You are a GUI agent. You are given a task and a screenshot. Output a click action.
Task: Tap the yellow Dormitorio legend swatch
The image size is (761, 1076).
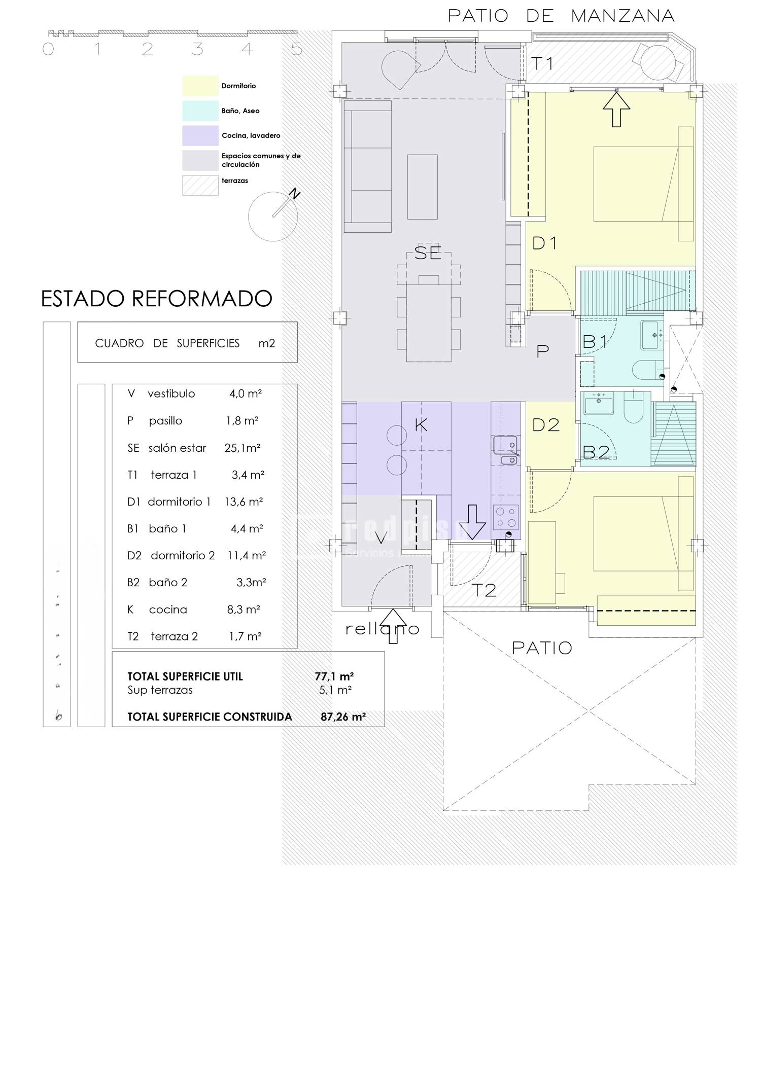coord(200,86)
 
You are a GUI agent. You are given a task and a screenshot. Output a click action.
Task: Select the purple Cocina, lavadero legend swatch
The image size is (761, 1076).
coord(200,135)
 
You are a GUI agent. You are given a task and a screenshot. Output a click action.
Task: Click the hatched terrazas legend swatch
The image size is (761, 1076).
coord(200,185)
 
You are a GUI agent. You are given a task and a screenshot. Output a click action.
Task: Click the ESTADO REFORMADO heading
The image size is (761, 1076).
coord(156,299)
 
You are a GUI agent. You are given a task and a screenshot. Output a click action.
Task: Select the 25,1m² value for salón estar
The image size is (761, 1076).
coord(243,448)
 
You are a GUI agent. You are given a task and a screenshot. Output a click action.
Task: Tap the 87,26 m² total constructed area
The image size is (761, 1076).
coord(343,717)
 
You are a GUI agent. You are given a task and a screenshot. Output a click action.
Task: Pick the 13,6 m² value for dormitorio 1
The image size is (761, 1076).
coord(244,501)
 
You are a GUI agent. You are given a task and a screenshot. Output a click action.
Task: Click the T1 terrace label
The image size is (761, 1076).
coord(542,64)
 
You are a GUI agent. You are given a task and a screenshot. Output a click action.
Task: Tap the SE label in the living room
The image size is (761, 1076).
coord(428,253)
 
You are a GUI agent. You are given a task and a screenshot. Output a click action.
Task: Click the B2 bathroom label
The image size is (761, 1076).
coord(596,452)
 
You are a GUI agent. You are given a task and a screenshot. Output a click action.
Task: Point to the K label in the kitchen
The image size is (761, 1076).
coord(421,425)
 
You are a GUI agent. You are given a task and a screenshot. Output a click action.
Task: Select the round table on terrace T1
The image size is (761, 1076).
coord(659,62)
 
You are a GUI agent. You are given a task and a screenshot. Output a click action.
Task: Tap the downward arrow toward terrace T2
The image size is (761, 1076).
coord(472,522)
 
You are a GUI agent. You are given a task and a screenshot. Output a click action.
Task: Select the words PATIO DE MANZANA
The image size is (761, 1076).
coord(561,16)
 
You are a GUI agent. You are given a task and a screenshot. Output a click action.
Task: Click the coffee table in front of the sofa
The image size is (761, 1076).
coord(422,187)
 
